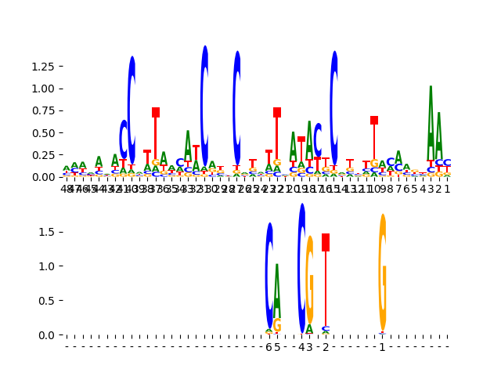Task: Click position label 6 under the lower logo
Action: tap(269, 347)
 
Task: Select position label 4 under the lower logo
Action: tap(301, 347)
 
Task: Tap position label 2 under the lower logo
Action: tap(326, 347)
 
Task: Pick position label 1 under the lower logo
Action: tap(382, 347)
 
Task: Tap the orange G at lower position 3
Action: tap(310, 278)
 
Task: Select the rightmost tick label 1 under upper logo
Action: tap(447, 188)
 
